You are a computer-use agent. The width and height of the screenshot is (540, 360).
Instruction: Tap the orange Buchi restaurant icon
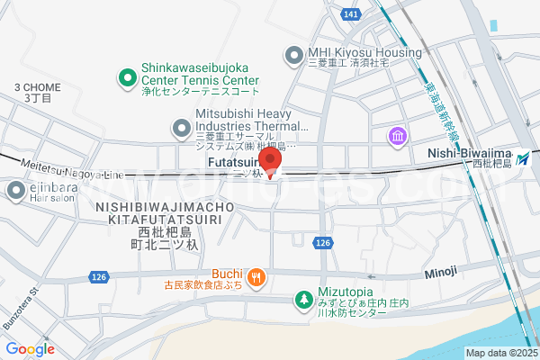pyautogui.click(x=256, y=276)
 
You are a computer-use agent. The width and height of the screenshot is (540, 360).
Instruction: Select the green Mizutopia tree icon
pyautogui.click(x=304, y=298)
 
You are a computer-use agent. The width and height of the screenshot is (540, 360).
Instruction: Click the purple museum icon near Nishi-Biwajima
pyautogui.click(x=396, y=136)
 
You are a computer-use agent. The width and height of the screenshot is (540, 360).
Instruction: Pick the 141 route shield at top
pyautogui.click(x=352, y=14)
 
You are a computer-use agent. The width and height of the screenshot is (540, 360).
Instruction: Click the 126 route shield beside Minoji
pyautogui.click(x=325, y=243)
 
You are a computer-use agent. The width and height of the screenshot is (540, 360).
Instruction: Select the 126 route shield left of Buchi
pyautogui.click(x=99, y=276)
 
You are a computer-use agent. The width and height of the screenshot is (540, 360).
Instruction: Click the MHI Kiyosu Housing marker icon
pyautogui.click(x=293, y=56)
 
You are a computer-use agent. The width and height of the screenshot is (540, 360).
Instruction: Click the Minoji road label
pyautogui.click(x=443, y=270)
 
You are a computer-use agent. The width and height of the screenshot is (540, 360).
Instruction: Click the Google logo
pyautogui.click(x=30, y=348)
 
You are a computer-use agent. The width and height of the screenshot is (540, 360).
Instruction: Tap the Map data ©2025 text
pyautogui.click(x=500, y=353)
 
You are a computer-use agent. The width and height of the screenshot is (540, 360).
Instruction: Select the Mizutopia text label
pyautogui.click(x=354, y=293)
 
